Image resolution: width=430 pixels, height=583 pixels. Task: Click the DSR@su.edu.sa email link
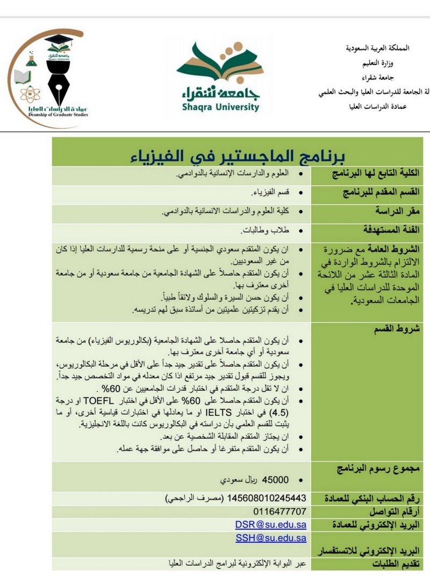point(270,524)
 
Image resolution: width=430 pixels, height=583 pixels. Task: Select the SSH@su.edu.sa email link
point(270,537)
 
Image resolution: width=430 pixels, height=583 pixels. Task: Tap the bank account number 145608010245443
point(267,498)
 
